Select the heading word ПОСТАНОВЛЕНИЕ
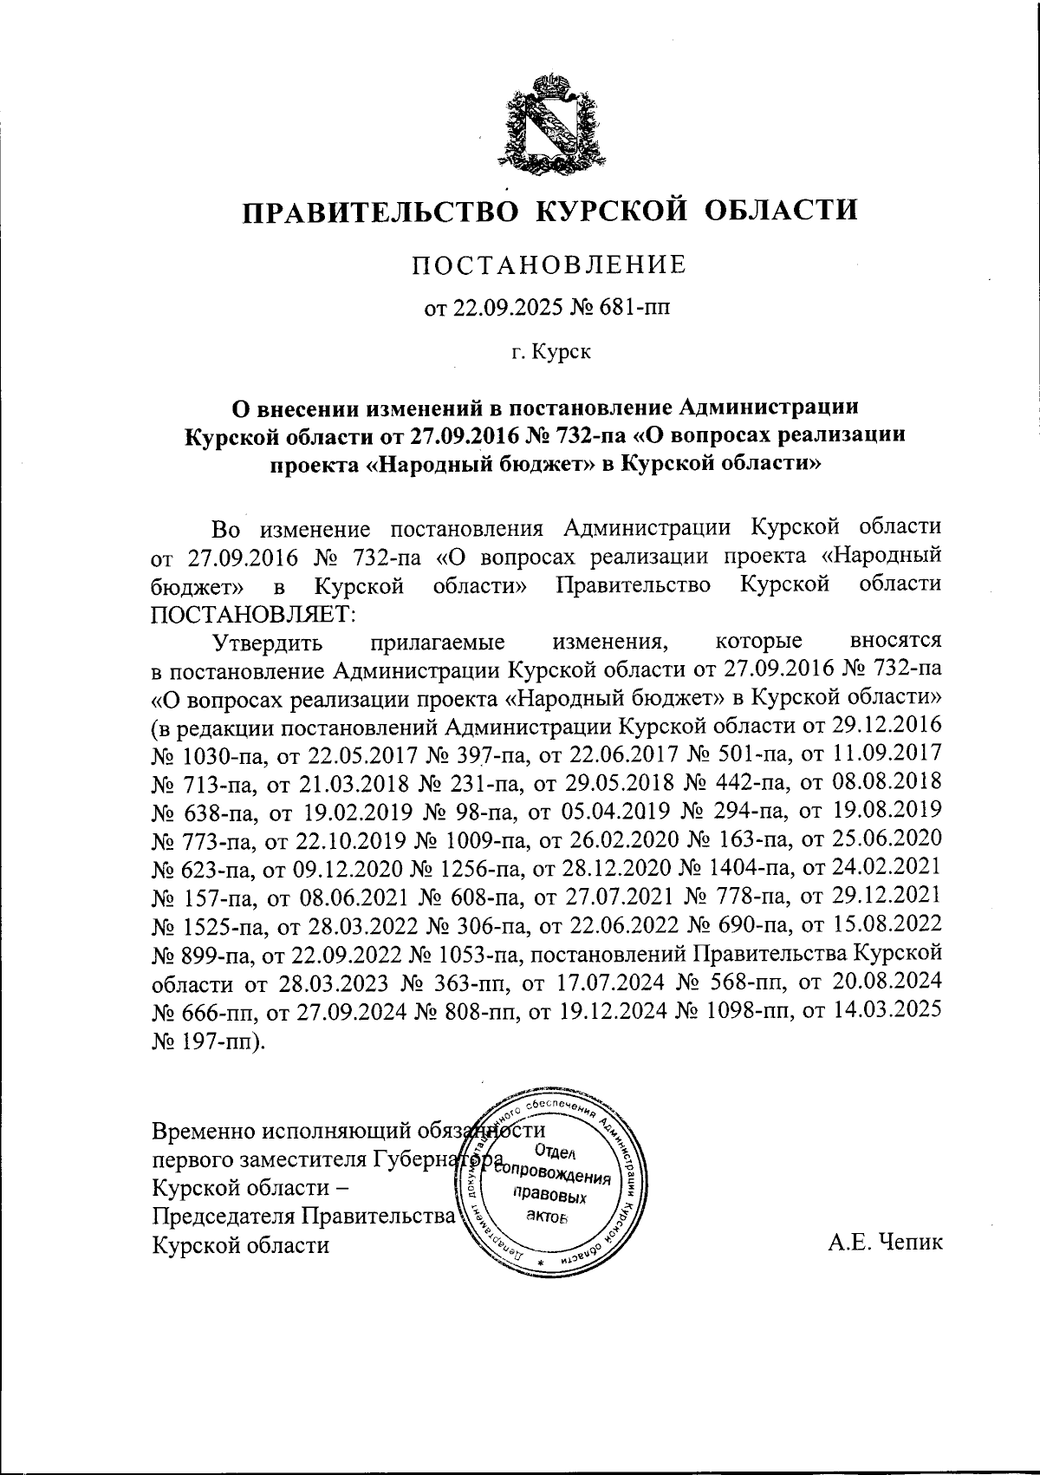(549, 264)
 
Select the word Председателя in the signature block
(224, 1217)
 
